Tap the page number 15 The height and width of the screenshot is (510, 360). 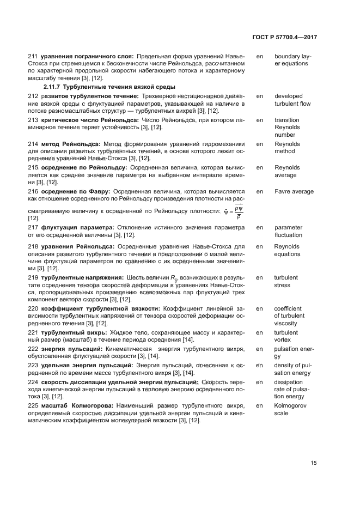coord(314,463)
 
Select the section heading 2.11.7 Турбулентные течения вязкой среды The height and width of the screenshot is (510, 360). coord(109,87)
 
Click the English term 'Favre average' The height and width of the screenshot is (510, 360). coord(294,192)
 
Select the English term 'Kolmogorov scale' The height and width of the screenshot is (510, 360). coord(289,410)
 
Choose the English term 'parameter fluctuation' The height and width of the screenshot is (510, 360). coord(288,231)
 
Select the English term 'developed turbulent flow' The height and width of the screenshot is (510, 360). coord(292,100)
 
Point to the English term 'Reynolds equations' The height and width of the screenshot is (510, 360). coord(287,250)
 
